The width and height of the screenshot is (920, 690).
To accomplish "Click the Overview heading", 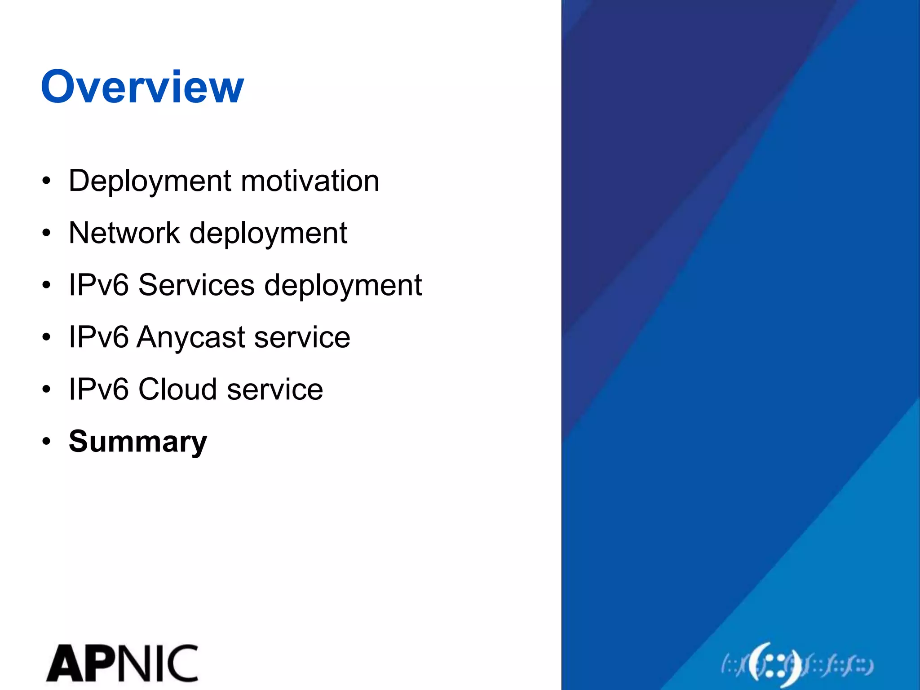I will [x=142, y=87].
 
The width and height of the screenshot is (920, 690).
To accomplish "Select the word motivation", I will [x=310, y=181].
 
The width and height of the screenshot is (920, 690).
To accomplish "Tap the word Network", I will [x=124, y=233].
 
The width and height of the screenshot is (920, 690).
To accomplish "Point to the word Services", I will [x=196, y=285].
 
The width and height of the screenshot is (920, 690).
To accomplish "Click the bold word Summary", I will [x=137, y=441].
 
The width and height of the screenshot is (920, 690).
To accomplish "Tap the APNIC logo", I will [x=122, y=663].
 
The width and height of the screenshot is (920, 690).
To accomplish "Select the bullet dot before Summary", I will [x=46, y=442].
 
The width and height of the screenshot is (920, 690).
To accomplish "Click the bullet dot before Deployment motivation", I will [x=46, y=181].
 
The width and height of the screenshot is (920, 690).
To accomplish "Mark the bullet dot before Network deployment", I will [x=46, y=233].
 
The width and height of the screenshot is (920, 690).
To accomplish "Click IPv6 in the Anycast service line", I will [x=98, y=337].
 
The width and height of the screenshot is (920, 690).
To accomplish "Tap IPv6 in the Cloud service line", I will [x=98, y=389].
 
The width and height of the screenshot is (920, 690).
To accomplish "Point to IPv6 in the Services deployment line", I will [x=98, y=285].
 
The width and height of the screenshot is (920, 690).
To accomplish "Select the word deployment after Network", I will [x=268, y=234].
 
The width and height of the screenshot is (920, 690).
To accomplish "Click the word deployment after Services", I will [x=343, y=286].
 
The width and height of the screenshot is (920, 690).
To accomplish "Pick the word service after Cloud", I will [x=274, y=389].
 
